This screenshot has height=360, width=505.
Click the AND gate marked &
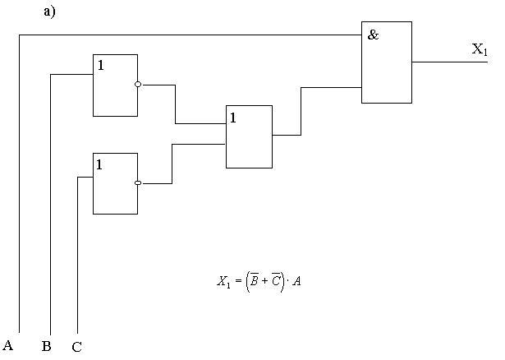click(387, 62)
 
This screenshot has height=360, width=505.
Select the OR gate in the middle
click(249, 136)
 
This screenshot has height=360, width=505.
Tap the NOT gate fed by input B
click(115, 85)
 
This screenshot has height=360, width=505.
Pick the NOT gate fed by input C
click(115, 183)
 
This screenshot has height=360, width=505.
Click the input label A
click(8, 344)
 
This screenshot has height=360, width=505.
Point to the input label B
click(47, 346)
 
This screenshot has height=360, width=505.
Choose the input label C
click(76, 347)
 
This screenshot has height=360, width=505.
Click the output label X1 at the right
click(480, 50)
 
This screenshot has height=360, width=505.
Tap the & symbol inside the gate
click(374, 36)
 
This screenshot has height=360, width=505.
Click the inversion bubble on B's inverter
click(138, 84)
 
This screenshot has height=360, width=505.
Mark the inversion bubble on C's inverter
click(138, 183)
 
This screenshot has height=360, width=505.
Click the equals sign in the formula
click(239, 282)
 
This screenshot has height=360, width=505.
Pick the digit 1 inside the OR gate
click(233, 118)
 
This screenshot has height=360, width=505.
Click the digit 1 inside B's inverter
click(100, 66)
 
